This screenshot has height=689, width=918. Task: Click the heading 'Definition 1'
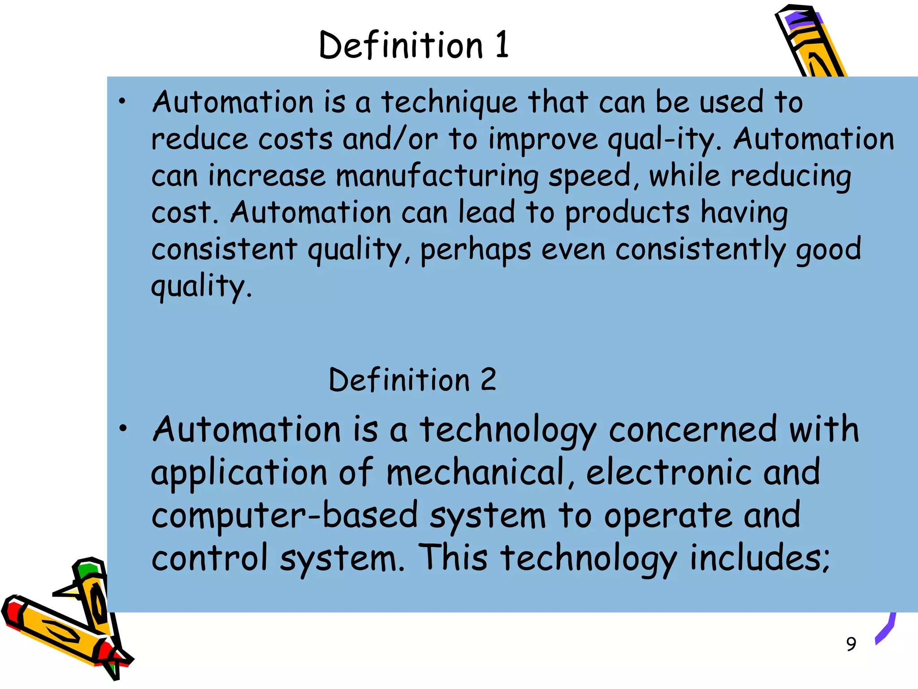coord(414,45)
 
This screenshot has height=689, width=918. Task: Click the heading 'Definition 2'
coord(412,380)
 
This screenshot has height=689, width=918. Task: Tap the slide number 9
coord(851,644)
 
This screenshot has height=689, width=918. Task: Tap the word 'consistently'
coord(700,250)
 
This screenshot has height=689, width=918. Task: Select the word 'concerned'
coord(693,430)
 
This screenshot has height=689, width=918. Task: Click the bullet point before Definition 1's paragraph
coord(122,101)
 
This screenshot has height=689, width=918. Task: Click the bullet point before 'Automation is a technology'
coord(122,428)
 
